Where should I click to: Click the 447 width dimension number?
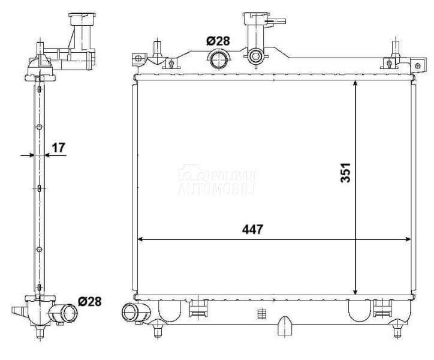coord(252,229)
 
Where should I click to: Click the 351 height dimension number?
coord(345,173)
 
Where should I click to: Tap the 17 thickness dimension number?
coord(58,148)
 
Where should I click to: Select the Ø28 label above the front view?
coord(218,41)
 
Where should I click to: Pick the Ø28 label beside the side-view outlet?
coord(90,301)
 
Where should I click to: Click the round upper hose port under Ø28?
coord(219,59)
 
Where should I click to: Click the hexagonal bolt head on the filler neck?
coord(255,56)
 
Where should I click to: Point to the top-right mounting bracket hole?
coord(418,65)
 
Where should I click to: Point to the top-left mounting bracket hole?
coord(137,58)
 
